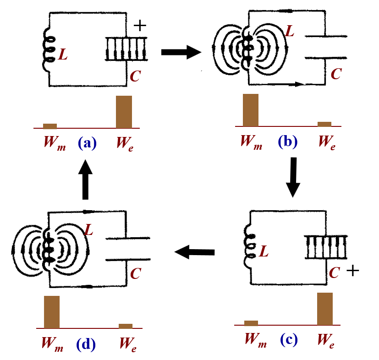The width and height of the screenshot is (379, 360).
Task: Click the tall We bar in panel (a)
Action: click(x=124, y=112)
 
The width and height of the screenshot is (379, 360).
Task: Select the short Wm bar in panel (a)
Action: click(x=50, y=126)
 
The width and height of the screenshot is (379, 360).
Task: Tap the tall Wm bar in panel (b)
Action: click(x=251, y=109)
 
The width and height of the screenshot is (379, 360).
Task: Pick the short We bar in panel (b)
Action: click(x=324, y=124)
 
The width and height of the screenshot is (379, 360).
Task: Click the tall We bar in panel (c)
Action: click(x=325, y=308)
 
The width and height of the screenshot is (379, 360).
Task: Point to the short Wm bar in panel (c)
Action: click(x=251, y=323)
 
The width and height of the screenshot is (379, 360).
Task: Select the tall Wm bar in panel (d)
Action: click(x=52, y=312)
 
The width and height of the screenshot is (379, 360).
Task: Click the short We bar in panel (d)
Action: click(x=126, y=326)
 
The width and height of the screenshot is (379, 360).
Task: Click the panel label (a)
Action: click(x=87, y=143)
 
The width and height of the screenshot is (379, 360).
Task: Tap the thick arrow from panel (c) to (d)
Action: click(x=195, y=251)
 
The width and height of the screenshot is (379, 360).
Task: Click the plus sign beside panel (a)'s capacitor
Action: click(x=140, y=26)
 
